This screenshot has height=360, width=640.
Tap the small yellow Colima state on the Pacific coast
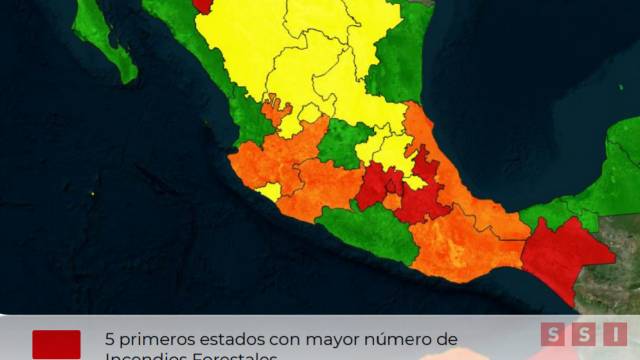tap(269, 190)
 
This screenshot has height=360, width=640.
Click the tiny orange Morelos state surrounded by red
tap(392, 201)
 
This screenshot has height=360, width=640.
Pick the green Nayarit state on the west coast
tap(248, 120)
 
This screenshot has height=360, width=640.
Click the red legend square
tap(56, 344)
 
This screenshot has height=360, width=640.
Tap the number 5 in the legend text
tap(110, 339)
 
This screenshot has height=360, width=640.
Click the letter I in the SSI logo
tap(614, 335)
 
